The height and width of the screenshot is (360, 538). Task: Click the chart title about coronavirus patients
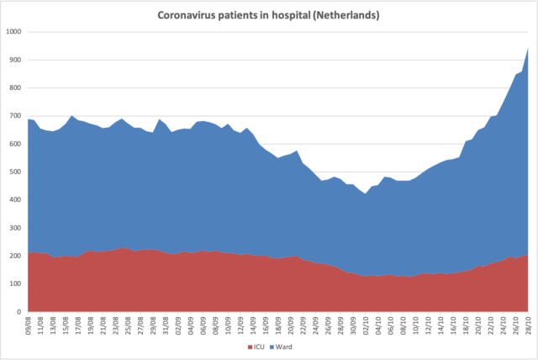(x=269, y=15)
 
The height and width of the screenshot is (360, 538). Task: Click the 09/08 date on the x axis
(x=30, y=325)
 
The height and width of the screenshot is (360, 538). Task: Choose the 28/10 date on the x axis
(x=527, y=325)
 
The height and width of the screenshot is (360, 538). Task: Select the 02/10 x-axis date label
(x=366, y=325)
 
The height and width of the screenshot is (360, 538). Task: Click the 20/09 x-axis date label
(x=291, y=325)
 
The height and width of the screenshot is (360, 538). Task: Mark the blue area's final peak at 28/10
(x=527, y=48)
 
